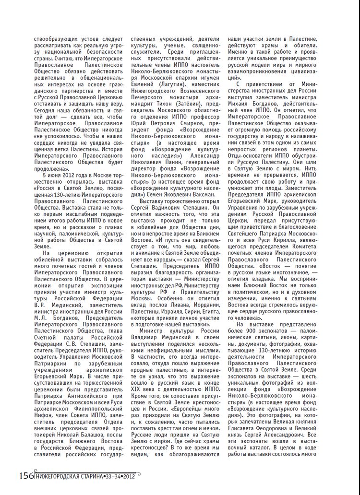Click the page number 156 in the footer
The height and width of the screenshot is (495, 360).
(x=25, y=475)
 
